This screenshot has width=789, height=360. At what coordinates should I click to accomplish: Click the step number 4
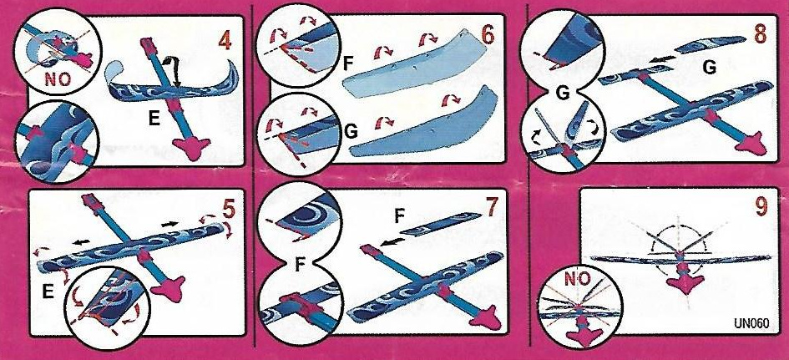(225, 41)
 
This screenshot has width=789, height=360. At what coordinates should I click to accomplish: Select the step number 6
(488, 35)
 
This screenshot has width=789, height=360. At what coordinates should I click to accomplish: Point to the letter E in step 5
(48, 292)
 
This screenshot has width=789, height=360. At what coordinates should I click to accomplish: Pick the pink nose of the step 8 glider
(750, 144)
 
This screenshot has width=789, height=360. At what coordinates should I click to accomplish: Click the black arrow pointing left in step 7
(389, 244)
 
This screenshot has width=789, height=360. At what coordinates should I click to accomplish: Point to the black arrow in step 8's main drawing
(660, 60)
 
